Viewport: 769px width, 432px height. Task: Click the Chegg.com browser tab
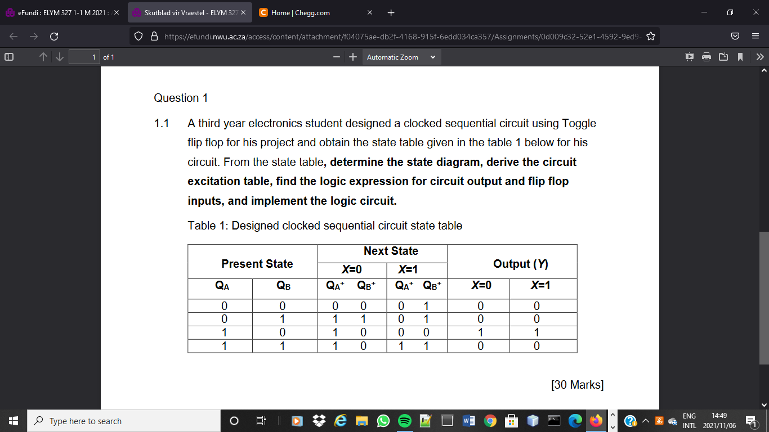(301, 12)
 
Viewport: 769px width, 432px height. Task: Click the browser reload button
(54, 37)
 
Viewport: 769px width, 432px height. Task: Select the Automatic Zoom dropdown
(401, 57)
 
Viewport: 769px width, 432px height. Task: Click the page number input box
(84, 57)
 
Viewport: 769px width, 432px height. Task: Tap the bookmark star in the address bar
(651, 37)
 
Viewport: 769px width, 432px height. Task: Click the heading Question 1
(181, 98)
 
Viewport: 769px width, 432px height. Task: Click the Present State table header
(257, 264)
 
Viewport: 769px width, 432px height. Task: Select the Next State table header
(391, 251)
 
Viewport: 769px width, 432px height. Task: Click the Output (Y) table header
(520, 264)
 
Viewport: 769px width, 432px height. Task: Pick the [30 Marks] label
(577, 385)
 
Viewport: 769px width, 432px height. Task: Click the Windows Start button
(13, 421)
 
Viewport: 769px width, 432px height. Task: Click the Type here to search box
(124, 421)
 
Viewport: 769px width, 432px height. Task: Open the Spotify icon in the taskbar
(404, 421)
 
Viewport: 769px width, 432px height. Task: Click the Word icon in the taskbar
(468, 421)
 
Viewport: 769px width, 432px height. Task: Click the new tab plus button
(391, 12)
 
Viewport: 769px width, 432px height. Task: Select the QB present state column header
(284, 285)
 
